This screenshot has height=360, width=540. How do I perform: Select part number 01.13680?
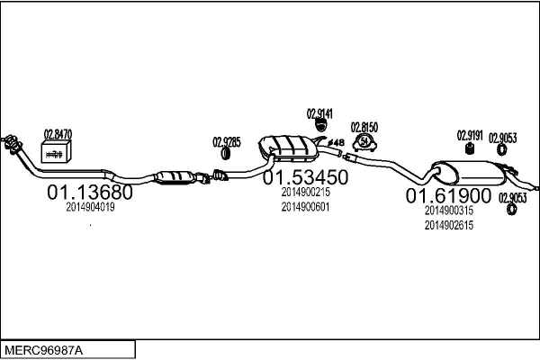[x=89, y=193]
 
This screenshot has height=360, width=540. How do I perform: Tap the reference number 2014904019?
[x=90, y=207]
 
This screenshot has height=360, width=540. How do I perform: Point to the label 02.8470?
[x=58, y=134]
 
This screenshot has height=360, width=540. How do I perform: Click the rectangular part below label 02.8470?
[x=57, y=154]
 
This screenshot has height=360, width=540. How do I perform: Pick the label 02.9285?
[x=227, y=141]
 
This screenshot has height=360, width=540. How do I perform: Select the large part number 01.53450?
[x=305, y=177]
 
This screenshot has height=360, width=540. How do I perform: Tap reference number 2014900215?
[x=305, y=192]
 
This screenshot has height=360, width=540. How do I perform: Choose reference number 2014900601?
[x=305, y=207]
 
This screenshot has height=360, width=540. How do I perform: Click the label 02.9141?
[x=319, y=113]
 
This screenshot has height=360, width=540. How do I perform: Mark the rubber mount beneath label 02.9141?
[x=319, y=132]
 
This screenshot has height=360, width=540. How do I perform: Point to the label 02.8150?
[x=364, y=127]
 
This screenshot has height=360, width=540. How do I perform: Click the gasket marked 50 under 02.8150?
[x=364, y=142]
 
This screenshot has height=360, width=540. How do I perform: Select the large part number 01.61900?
[x=448, y=195]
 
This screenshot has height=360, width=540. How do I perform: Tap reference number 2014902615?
[x=448, y=225]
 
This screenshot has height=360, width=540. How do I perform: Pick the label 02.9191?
[x=470, y=134]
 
